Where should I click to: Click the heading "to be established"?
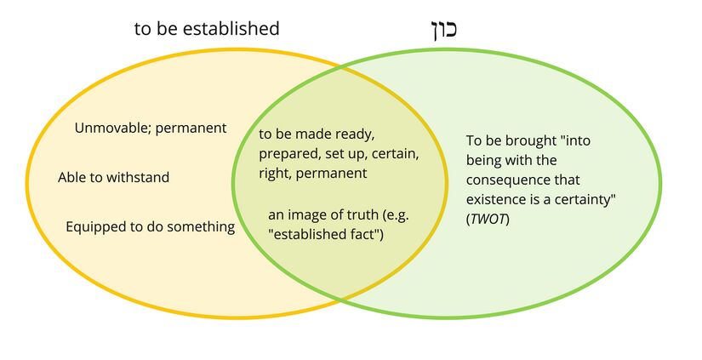(x=207, y=28)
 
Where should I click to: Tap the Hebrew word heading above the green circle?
(x=439, y=27)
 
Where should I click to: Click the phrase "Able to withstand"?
(x=113, y=177)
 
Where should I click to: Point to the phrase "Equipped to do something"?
(x=150, y=226)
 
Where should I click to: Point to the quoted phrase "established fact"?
(x=325, y=233)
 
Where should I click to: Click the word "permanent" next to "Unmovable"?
(x=197, y=129)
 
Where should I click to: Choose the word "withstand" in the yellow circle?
(x=141, y=177)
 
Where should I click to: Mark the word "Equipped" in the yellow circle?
(x=94, y=226)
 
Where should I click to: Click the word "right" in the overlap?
(x=274, y=174)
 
